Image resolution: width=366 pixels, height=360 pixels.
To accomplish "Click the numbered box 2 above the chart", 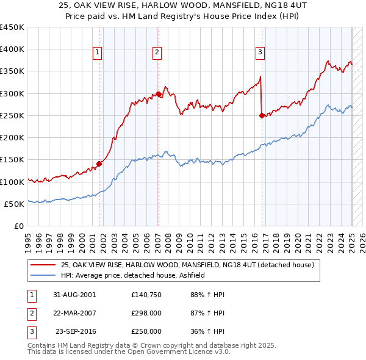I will point(157,53).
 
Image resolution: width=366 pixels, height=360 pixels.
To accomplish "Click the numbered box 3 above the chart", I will point(260,53).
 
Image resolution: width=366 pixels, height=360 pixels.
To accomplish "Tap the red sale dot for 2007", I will point(159,94).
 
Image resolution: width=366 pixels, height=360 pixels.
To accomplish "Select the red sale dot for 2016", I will point(262,115).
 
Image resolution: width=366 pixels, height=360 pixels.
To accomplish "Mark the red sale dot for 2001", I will point(99,164).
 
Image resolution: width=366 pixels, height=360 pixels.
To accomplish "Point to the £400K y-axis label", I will point(12,49).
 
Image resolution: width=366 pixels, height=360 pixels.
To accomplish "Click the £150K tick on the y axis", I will point(12,160).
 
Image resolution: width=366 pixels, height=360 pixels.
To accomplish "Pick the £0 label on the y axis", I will point(20,226).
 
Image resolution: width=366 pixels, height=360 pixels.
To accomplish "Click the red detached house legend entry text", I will point(187,265).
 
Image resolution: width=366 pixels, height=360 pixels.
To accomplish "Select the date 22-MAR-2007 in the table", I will point(74,313).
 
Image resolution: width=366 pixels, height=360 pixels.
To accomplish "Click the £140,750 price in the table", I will point(146,295).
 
